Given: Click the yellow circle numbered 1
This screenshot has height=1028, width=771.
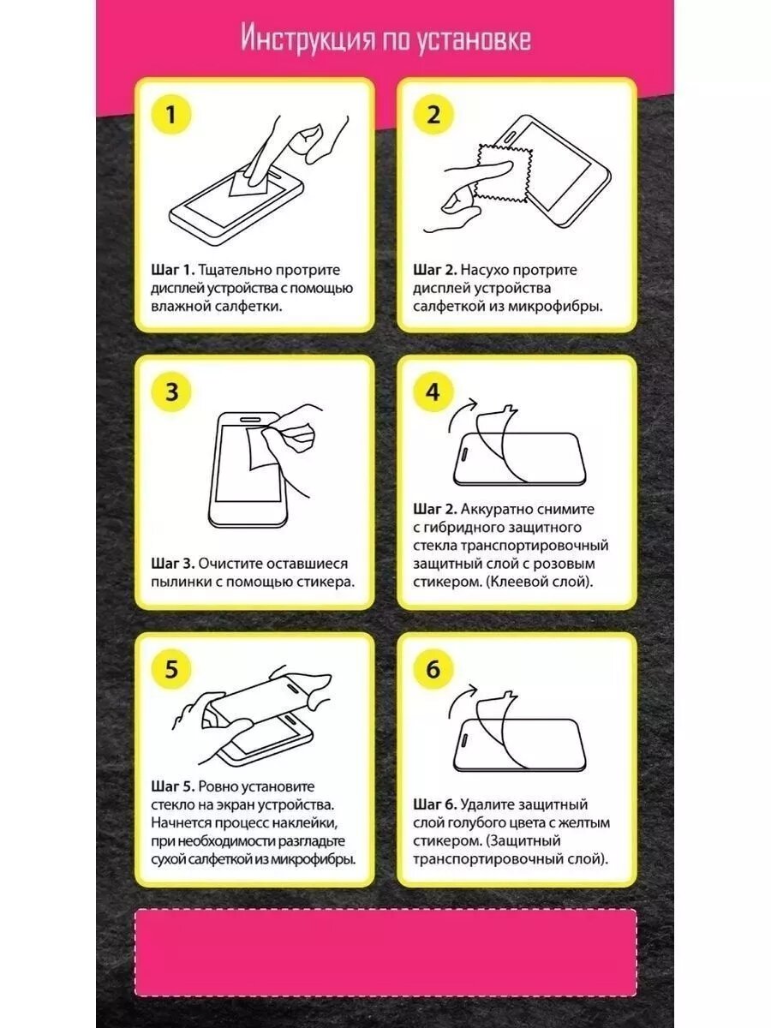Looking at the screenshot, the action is click(x=171, y=114).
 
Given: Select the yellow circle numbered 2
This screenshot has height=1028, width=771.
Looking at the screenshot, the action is click(x=433, y=114).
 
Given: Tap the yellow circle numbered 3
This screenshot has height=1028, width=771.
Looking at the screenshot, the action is click(x=171, y=391).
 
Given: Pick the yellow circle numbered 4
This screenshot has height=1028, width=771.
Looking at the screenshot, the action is click(x=433, y=391).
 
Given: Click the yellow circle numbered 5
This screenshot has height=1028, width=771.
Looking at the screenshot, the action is click(x=171, y=668).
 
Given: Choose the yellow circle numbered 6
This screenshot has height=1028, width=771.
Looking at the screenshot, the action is click(x=433, y=668).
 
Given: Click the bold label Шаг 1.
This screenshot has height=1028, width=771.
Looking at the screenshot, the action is click(x=172, y=270).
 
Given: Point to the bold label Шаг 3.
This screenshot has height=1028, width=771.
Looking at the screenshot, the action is click(x=173, y=564).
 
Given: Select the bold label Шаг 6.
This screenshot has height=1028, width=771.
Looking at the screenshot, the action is click(x=434, y=804).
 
